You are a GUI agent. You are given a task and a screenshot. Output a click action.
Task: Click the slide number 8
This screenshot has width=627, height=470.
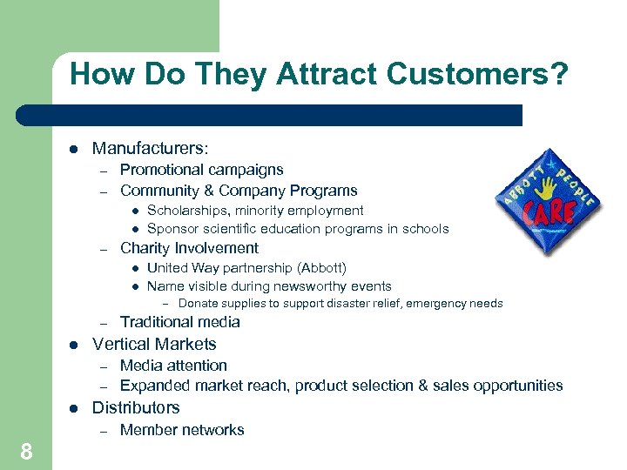pos(26,451)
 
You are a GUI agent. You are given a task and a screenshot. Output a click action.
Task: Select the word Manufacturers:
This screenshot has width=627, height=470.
pos(150,149)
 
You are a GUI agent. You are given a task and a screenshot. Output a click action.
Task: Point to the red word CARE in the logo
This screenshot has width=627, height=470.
pos(545,212)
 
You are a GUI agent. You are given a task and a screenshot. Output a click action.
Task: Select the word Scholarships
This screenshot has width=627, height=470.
pos(188,210)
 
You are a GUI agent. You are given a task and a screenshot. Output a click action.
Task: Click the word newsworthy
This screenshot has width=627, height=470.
pos(314,285)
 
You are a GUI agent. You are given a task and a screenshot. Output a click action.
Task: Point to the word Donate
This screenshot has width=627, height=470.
pos(198,304)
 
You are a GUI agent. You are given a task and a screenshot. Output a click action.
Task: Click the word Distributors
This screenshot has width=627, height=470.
pos(136,407)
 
